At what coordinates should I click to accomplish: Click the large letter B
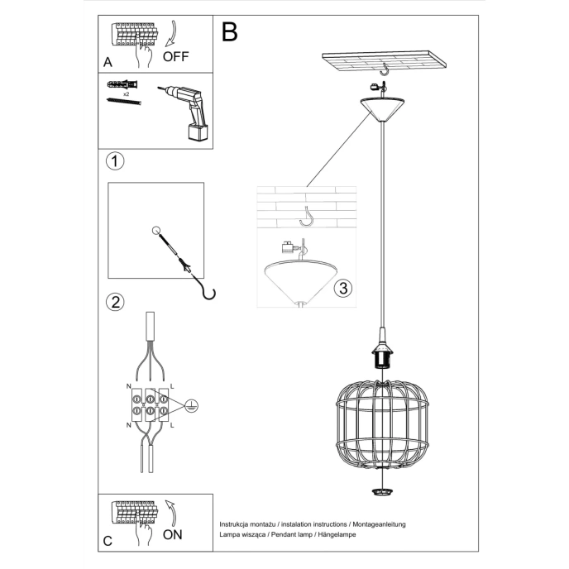tap(229, 32)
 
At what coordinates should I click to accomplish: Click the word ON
tap(173, 534)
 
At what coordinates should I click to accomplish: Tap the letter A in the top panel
tap(108, 62)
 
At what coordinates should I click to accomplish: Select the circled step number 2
tap(116, 301)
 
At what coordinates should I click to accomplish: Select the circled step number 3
tap(343, 289)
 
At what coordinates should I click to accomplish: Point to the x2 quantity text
tap(126, 94)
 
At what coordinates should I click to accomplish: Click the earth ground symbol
tap(190, 405)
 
